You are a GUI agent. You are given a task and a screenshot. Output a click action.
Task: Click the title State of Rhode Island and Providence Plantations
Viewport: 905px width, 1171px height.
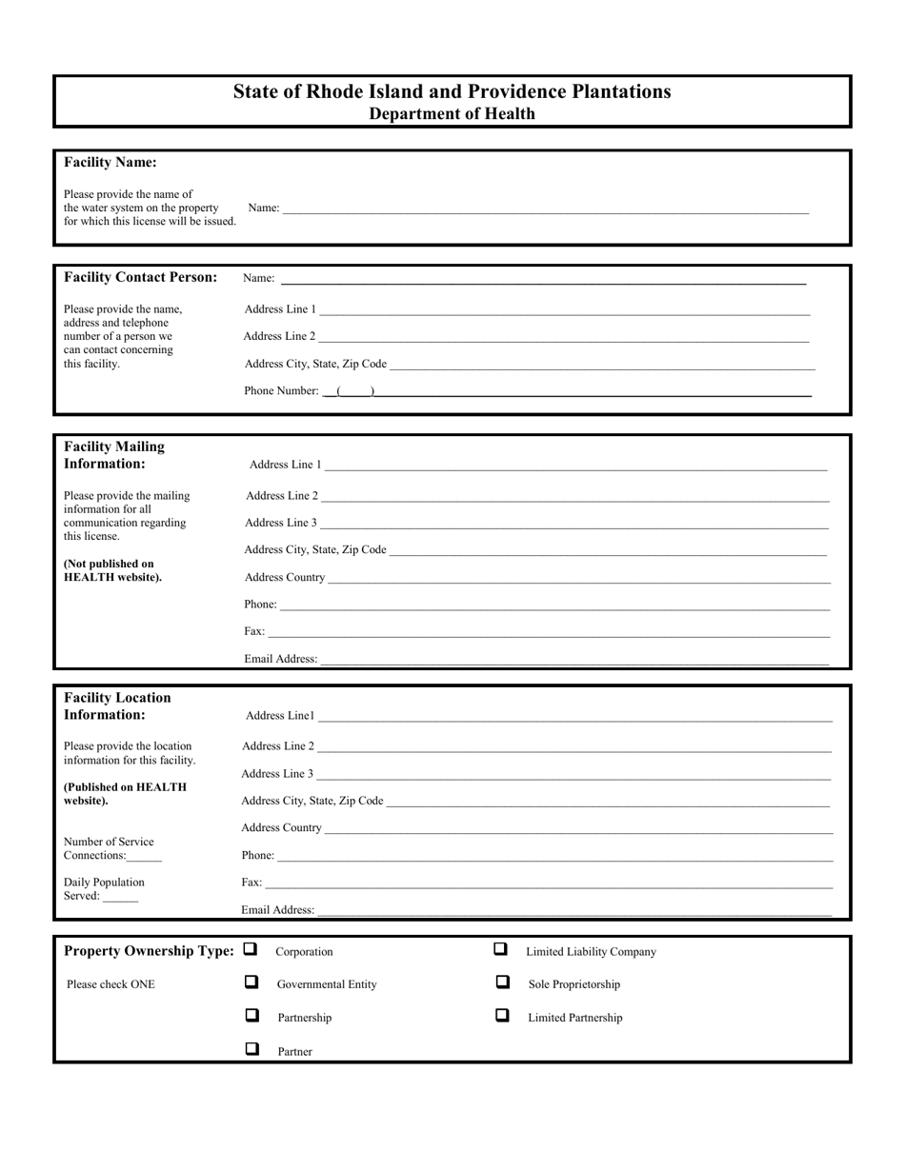click(452, 91)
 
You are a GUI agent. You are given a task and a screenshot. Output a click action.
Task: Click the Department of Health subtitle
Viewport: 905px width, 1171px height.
click(452, 114)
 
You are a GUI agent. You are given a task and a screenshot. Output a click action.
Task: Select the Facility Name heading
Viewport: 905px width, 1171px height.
click(111, 162)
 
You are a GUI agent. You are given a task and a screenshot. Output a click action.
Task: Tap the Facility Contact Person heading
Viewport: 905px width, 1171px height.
click(140, 277)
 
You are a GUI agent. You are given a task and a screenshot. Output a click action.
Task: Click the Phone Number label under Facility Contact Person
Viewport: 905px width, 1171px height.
click(281, 390)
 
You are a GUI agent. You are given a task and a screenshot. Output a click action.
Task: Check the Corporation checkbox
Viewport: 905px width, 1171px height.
click(251, 949)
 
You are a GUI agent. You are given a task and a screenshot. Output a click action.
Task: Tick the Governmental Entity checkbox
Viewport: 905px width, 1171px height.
click(251, 982)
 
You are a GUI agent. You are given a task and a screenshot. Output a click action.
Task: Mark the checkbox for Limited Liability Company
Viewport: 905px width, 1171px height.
click(500, 949)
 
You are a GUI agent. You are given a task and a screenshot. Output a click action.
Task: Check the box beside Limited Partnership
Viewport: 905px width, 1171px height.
click(502, 1015)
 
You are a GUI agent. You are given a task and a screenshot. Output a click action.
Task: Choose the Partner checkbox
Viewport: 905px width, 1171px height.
click(251, 1049)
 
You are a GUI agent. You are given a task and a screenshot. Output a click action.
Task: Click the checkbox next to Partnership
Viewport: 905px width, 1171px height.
click(251, 1015)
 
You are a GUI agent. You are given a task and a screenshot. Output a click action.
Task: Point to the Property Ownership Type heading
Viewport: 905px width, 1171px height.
click(149, 951)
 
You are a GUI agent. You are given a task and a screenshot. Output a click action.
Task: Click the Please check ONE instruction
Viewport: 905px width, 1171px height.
click(111, 984)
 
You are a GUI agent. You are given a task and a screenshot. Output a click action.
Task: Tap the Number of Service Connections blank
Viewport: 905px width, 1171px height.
click(144, 856)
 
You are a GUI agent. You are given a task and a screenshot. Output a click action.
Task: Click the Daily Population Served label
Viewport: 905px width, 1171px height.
click(104, 883)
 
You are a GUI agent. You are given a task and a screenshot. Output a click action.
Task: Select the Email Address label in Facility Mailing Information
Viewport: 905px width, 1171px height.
click(281, 659)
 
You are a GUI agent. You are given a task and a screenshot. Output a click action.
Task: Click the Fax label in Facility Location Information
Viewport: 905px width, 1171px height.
click(251, 883)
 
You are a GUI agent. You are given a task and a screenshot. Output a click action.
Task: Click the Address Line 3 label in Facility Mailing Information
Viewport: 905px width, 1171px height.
click(280, 523)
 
